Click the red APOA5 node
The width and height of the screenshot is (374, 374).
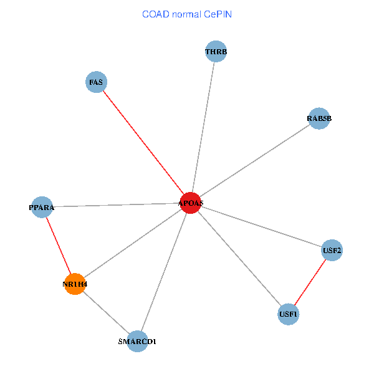pos(190,203)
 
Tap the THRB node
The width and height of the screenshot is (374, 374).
pos(216,51)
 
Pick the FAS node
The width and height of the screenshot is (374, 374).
pos(96,82)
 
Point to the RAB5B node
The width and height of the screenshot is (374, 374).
pos(319,118)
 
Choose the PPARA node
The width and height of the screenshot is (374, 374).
pos(42,207)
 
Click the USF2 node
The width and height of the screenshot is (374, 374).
pos(332,251)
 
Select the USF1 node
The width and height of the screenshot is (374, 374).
pos(289,314)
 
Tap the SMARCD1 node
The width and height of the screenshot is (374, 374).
pos(137,341)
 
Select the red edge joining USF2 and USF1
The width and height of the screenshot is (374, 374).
pos(310,282)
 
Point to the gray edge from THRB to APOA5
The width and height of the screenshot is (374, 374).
pos(203,127)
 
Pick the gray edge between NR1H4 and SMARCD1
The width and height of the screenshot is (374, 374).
pos(106,312)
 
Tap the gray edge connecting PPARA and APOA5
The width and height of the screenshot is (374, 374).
pos(116,205)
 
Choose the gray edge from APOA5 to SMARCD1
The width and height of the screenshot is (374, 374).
pos(163,272)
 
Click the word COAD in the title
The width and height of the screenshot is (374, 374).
pos(155,14)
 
